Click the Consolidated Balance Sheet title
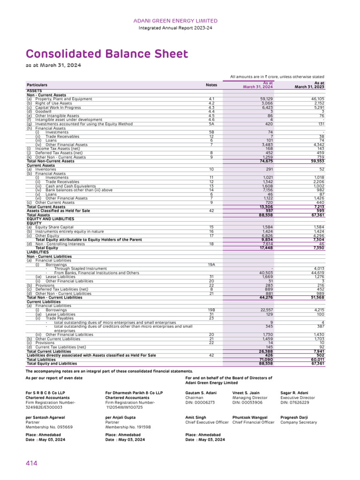[x=107, y=54]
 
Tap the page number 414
[x=31, y=463]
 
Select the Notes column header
[x=211, y=85]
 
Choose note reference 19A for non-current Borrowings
[x=211, y=265]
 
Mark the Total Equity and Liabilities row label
[x=52, y=363]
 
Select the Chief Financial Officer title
[x=254, y=422]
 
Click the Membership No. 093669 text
[x=52, y=427]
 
